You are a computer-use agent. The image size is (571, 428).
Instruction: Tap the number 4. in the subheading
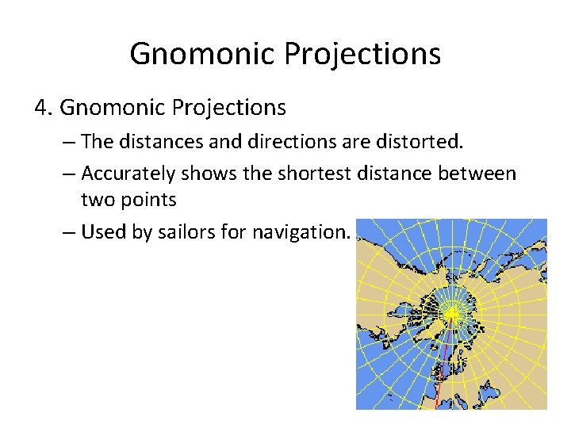44,106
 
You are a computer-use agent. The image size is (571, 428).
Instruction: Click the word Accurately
129,173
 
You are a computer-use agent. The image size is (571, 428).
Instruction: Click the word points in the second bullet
148,200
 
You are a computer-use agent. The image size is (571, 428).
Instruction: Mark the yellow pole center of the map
451,315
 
